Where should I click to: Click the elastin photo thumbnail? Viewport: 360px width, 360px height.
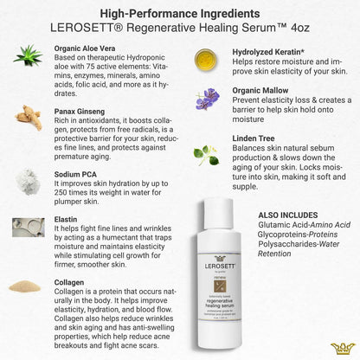(x=28, y=228)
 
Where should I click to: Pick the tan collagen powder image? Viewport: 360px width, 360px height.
(x=28, y=286)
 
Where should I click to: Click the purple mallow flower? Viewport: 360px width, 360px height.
(x=206, y=100)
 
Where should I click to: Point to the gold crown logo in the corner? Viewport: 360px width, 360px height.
(x=343, y=347)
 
